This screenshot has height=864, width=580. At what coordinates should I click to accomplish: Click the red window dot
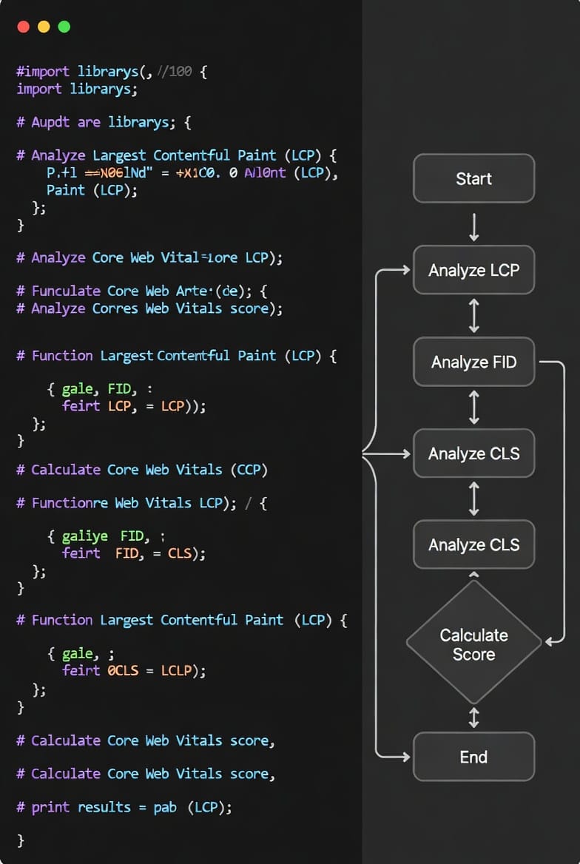coord(23,27)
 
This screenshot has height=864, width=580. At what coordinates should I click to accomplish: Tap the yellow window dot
coord(44,27)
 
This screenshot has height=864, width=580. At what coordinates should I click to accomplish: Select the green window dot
coord(64,27)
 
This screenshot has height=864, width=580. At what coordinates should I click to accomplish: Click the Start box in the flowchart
coord(473,178)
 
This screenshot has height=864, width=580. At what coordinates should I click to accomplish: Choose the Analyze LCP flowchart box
coord(473,270)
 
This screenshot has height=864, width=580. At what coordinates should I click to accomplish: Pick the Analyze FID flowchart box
coord(473,362)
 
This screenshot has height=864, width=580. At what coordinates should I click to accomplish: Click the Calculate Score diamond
coord(473,644)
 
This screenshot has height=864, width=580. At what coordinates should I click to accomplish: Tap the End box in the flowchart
coord(473,757)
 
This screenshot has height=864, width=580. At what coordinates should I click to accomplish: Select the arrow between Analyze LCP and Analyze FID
coord(474,316)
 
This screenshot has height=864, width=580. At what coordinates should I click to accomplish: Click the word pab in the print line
coord(165,807)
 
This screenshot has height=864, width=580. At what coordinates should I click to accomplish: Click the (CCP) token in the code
coord(249,470)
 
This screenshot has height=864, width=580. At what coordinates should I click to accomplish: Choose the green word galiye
coord(85,536)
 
